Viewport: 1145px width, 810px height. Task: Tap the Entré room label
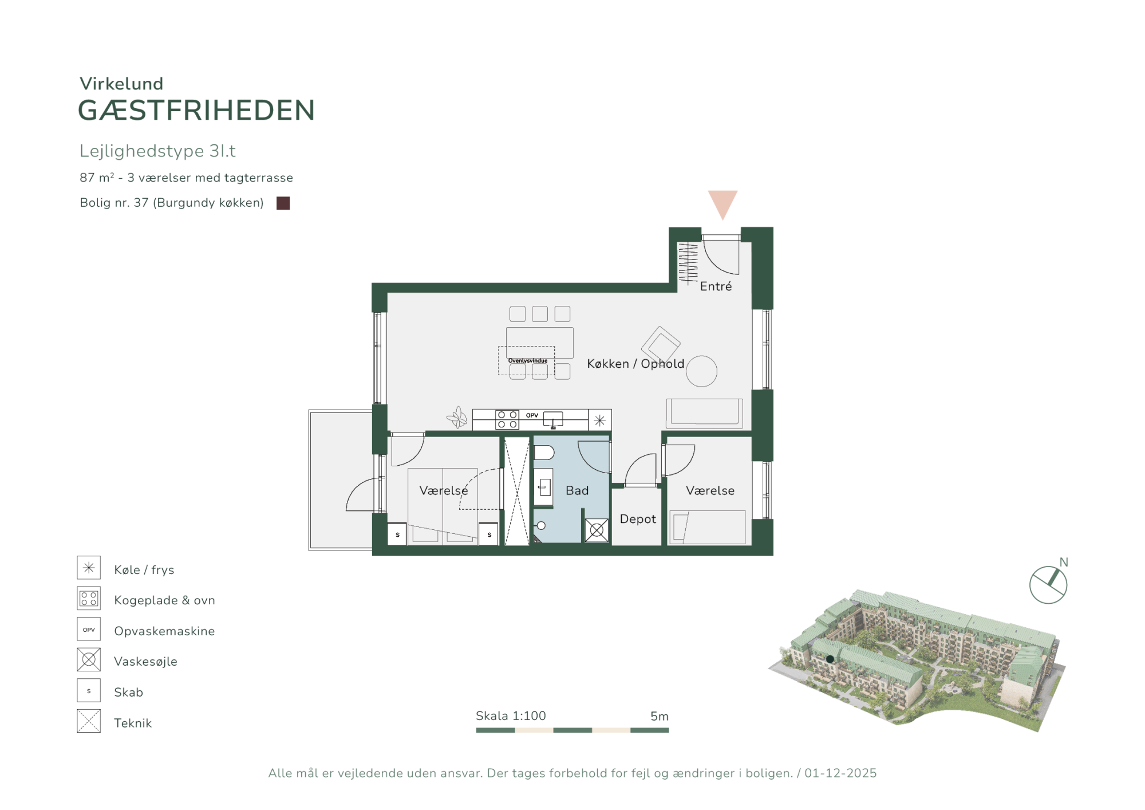click(x=716, y=286)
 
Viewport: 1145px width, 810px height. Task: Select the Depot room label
click(x=638, y=519)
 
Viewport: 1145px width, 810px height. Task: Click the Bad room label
click(x=577, y=490)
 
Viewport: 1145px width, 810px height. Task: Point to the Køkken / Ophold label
click(x=635, y=364)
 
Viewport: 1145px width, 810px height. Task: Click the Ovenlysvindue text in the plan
click(x=528, y=361)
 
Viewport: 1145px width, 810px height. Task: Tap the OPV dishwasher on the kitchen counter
click(x=532, y=415)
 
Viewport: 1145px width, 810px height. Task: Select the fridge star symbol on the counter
click(x=599, y=420)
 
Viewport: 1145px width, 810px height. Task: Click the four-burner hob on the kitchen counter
click(x=507, y=420)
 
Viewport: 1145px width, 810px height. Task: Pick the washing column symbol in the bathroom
click(x=597, y=530)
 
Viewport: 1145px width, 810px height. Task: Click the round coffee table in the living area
click(x=701, y=371)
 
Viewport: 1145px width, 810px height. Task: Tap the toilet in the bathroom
click(x=544, y=453)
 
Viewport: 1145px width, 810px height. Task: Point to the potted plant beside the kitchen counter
click(x=457, y=418)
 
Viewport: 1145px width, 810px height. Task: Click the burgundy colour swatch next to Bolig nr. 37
click(x=283, y=203)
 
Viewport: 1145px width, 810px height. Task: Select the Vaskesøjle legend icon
click(x=89, y=660)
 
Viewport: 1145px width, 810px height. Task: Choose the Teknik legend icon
click(x=89, y=721)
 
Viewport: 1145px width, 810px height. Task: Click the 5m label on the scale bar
click(x=660, y=716)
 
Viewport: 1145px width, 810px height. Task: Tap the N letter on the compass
click(x=1064, y=562)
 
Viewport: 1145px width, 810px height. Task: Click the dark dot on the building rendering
click(x=830, y=659)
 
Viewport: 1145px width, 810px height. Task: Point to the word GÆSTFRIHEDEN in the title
click(x=196, y=111)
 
